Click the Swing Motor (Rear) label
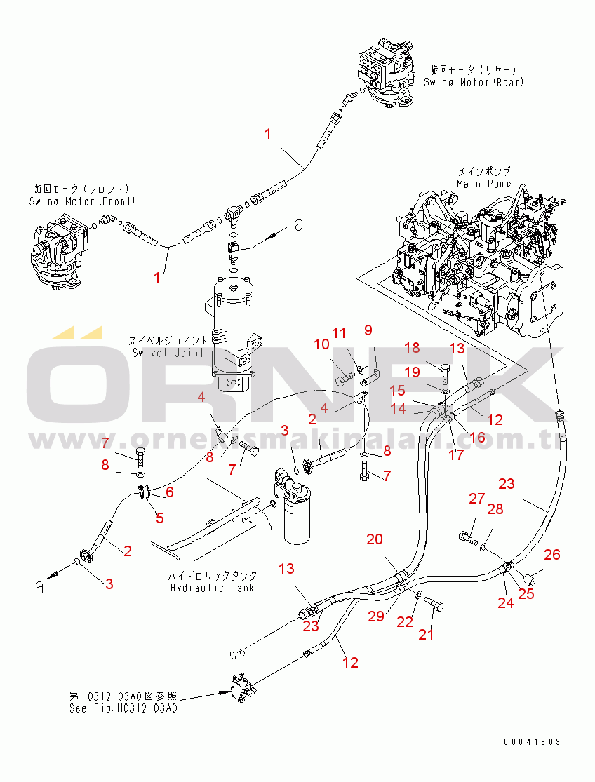coord(473,82)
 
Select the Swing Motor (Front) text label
coord(83,201)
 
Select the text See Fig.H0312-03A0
coord(123,708)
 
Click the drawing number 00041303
coord(532,742)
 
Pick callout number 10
coord(321,344)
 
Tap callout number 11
coord(339,332)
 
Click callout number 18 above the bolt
coord(412,347)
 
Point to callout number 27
coord(477,499)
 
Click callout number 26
coord(552,555)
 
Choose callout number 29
coord(376,616)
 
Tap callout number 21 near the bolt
coord(427,634)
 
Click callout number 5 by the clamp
coord(159,518)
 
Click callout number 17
coord(455,454)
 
